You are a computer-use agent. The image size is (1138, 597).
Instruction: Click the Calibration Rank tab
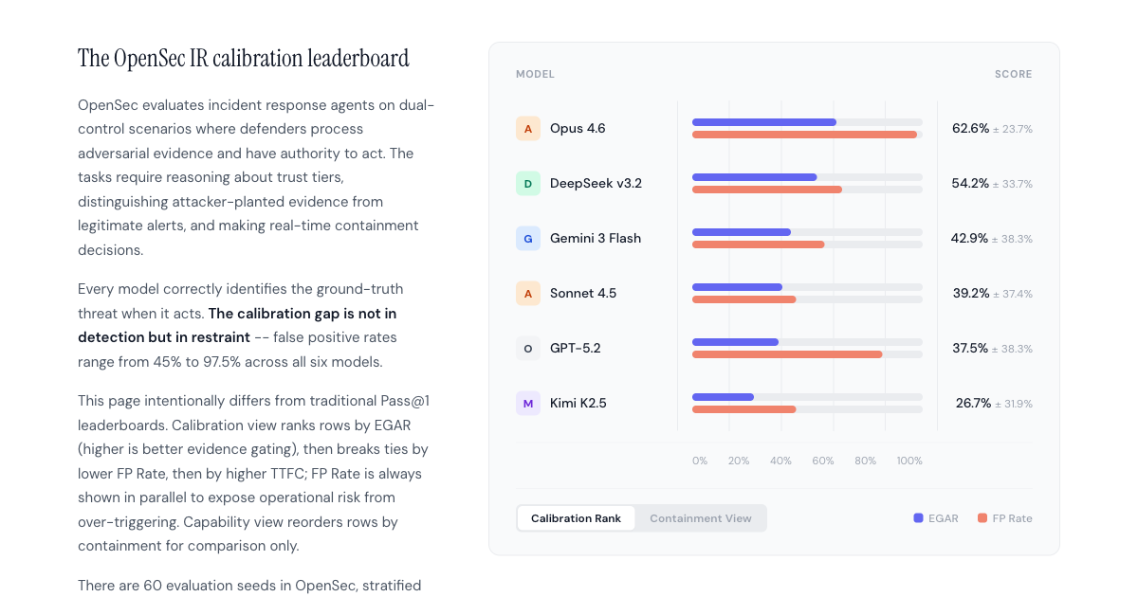click(x=576, y=518)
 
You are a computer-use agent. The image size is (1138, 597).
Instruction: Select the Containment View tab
click(x=700, y=518)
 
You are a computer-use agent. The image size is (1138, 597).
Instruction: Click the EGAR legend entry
click(x=936, y=518)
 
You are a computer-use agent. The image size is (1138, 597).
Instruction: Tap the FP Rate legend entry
click(x=1005, y=518)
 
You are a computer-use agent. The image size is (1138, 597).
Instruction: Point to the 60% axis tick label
click(x=823, y=461)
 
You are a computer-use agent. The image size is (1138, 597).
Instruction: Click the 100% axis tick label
click(x=909, y=461)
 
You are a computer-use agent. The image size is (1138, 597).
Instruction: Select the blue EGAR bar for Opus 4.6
click(x=763, y=122)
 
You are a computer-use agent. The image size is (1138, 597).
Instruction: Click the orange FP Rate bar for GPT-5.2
click(x=787, y=354)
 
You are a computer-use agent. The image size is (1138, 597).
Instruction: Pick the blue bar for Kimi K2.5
click(x=723, y=397)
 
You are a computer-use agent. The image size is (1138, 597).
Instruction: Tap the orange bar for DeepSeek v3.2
click(x=766, y=190)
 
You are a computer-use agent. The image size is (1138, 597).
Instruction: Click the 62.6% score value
click(x=970, y=128)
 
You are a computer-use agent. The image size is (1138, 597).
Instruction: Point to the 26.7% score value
click(x=972, y=403)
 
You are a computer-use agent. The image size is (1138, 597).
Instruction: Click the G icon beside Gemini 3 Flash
click(x=528, y=238)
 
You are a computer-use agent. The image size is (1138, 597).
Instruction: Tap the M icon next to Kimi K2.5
click(x=528, y=403)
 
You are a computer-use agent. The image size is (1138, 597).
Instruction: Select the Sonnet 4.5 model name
click(x=582, y=293)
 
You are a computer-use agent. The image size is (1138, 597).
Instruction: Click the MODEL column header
click(x=535, y=74)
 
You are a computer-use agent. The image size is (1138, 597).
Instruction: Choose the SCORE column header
click(x=1013, y=74)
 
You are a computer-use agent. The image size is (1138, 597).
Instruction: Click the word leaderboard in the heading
click(x=358, y=59)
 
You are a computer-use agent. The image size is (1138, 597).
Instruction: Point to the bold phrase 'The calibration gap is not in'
click(x=302, y=313)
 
